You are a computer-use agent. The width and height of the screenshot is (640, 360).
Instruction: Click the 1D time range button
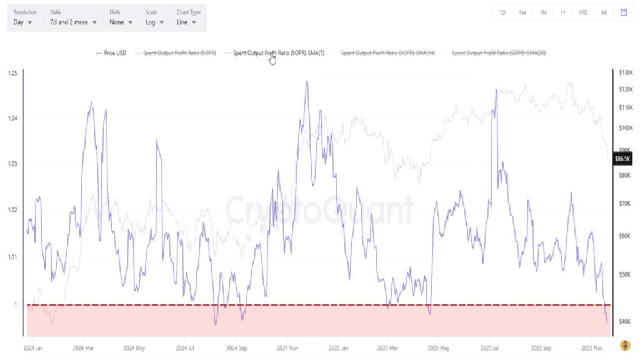tap(502, 12)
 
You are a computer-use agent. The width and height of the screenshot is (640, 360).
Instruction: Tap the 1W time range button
tap(522, 12)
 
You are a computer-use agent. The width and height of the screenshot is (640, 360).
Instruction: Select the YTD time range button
tap(583, 12)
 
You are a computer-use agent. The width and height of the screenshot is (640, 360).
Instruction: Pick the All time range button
tap(604, 12)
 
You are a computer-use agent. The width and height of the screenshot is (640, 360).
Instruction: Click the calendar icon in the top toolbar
tap(623, 12)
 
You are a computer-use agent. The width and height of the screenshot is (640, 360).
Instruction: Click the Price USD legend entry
tap(111, 53)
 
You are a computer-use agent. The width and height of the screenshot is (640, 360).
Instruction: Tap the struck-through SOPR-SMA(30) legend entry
tap(498, 53)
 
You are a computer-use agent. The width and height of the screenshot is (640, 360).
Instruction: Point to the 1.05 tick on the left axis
tap(12, 73)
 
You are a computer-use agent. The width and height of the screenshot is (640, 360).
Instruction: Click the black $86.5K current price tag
tap(623, 159)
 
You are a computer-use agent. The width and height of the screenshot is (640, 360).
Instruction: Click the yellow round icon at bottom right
tap(624, 345)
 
